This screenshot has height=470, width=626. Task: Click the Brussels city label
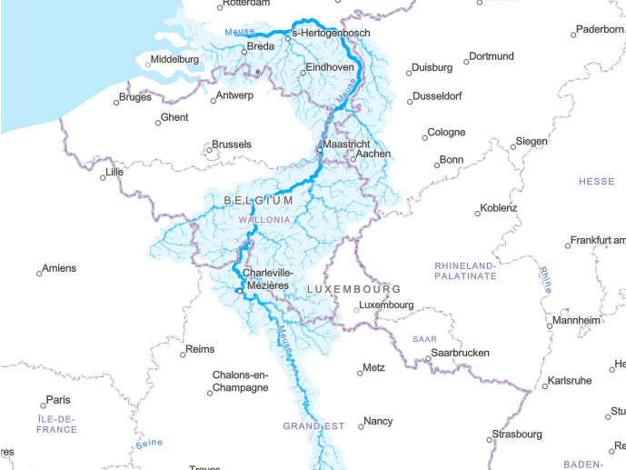tap(231, 145)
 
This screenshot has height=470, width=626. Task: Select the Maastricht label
tap(347, 145)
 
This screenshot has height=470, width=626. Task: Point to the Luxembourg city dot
tap(356, 310)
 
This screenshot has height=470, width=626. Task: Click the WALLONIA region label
tap(264, 220)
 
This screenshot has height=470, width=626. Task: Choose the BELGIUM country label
tap(258, 200)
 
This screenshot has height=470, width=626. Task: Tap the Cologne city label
tap(446, 133)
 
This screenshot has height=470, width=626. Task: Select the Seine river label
tap(148, 444)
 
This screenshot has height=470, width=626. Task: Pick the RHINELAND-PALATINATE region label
tap(465, 270)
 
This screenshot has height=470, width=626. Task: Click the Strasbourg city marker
tap(490, 439)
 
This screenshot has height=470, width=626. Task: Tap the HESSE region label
tap(596, 182)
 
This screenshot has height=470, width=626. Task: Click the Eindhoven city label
tap(330, 68)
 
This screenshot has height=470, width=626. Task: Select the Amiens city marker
tap(40, 273)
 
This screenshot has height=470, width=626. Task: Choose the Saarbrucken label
tap(460, 353)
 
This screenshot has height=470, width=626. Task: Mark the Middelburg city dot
tap(148, 64)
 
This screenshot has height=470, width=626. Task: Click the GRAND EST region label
tap(313, 425)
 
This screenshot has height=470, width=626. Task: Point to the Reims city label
tap(199, 349)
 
